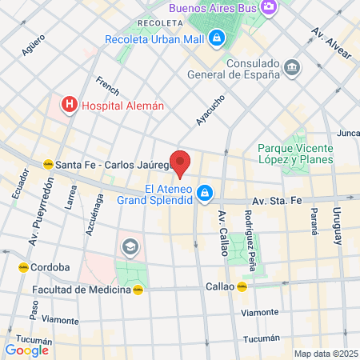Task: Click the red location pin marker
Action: coord(181,162)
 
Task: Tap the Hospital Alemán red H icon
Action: coord(70,104)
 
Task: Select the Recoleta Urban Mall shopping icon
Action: coord(216,38)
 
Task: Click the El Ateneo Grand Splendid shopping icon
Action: coord(206,192)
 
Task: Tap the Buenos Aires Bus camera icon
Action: coord(269,6)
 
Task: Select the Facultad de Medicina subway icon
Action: coord(138,290)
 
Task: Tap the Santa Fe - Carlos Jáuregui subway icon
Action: coord(47,165)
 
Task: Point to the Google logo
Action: coord(27,350)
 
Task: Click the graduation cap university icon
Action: coord(128,246)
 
